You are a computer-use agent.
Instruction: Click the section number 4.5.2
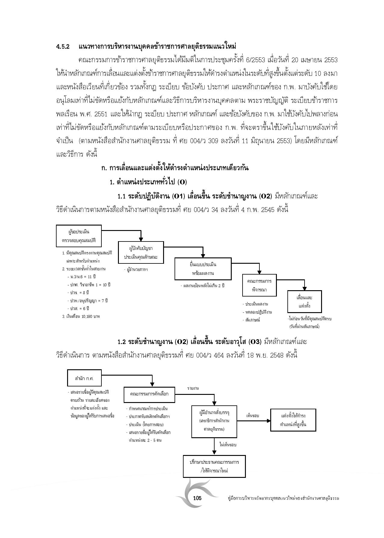pos(63,47)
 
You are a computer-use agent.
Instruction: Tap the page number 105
pos(197,498)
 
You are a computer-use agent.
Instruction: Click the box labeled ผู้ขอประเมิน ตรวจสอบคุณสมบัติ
pos(79,236)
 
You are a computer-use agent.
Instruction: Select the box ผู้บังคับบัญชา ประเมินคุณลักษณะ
pos(141,253)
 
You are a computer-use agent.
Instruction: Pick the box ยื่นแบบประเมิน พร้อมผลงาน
pos(203,269)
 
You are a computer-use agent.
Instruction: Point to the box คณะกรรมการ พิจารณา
pos(259,285)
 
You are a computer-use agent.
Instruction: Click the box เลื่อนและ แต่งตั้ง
pos(304,302)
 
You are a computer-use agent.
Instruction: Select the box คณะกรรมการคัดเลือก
pos(149,394)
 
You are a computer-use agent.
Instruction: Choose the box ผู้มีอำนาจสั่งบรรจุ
pos(214,421)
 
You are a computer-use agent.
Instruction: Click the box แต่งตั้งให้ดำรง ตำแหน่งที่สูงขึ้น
pos(293,420)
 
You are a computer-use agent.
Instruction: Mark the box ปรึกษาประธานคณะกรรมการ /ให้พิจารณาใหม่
pos(214,466)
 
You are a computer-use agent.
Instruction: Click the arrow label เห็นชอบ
pos(252,416)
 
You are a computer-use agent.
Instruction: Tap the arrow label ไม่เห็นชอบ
pos(228,444)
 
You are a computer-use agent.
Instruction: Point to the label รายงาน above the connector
pos(193,388)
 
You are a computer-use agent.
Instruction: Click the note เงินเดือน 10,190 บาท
pos(81,316)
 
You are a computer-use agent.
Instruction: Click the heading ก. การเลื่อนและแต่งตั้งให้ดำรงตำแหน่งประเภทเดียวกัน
pos(175,168)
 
